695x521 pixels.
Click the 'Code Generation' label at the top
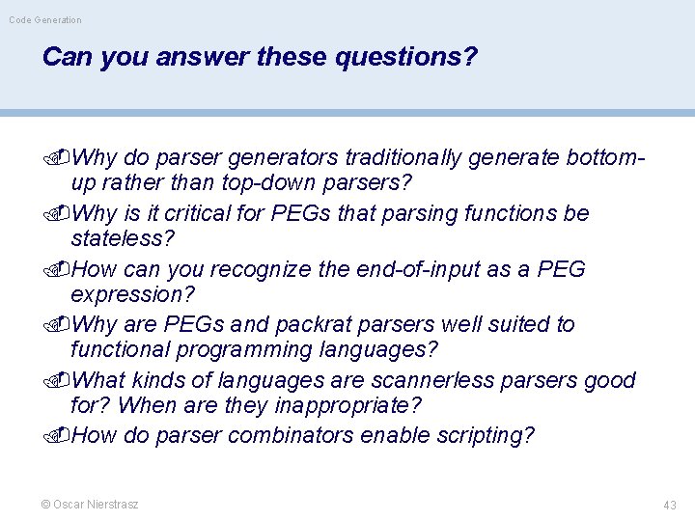pos(45,19)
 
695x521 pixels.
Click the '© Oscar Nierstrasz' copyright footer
pos(90,505)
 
